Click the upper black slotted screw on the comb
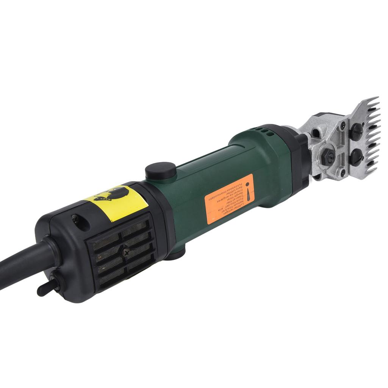(356, 131)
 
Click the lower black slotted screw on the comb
(356, 157)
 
